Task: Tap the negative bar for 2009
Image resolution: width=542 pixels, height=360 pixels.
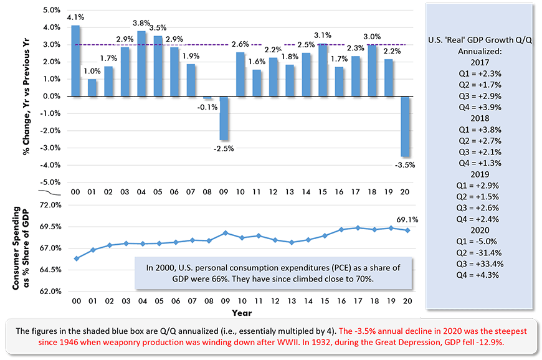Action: (x=222, y=118)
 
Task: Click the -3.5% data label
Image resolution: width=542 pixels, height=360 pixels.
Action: (x=404, y=165)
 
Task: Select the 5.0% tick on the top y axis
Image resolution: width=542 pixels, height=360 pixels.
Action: (x=51, y=11)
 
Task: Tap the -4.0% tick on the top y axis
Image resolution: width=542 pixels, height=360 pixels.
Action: (x=50, y=165)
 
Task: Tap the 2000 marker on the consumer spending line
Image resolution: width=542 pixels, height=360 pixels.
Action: (x=76, y=258)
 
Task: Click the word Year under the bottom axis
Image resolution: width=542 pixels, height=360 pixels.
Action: (x=242, y=311)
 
